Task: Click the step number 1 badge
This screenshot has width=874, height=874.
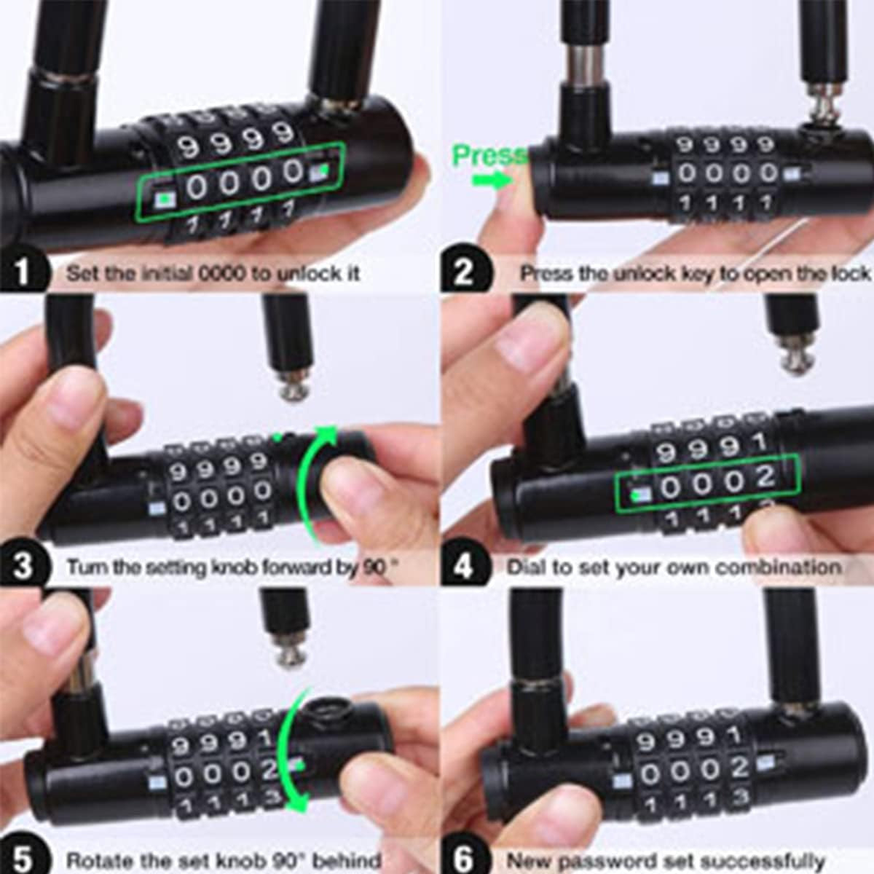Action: click(23, 273)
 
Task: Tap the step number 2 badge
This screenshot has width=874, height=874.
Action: click(464, 273)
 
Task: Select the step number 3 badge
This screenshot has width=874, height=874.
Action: click(23, 567)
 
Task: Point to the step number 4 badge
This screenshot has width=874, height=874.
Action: click(464, 567)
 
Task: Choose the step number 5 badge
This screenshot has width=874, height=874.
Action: click(23, 859)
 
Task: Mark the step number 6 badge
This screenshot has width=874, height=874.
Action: click(464, 859)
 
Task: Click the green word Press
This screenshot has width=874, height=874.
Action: click(488, 155)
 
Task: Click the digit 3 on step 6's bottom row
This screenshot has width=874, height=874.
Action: click(740, 797)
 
